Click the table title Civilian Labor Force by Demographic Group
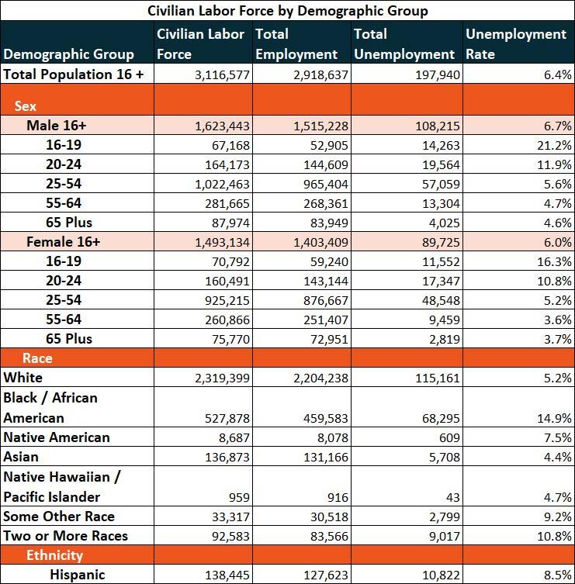tap(288, 10)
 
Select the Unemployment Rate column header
tap(516, 44)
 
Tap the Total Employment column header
tap(296, 44)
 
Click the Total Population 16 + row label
tap(74, 74)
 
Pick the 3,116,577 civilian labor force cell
tap(222, 75)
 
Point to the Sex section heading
tap(26, 106)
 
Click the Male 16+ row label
tap(57, 126)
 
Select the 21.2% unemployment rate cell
tap(554, 145)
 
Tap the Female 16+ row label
tap(64, 242)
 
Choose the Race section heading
tap(37, 358)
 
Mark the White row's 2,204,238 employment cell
tap(320, 378)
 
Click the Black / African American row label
tap(50, 407)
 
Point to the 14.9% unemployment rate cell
tap(554, 418)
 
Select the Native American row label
tap(57, 437)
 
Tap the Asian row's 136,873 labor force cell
tap(227, 457)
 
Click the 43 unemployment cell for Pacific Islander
tap(452, 497)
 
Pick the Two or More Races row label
tap(66, 536)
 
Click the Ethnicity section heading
tap(54, 555)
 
